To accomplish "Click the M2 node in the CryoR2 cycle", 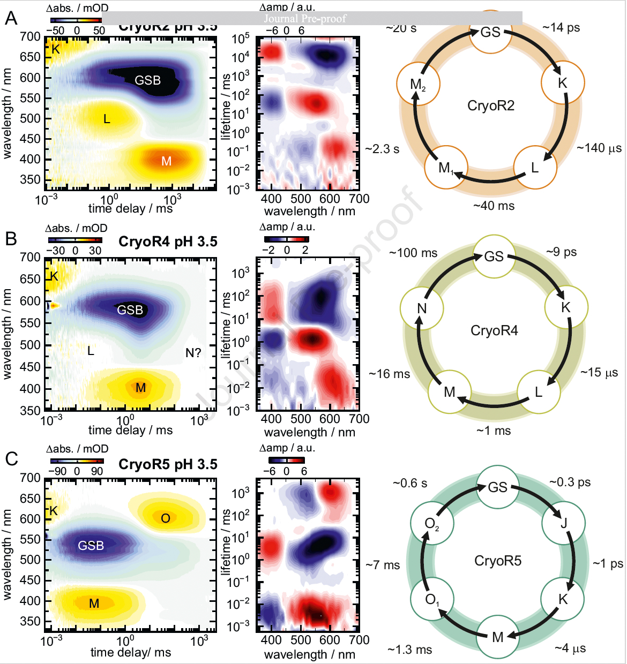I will [418, 85].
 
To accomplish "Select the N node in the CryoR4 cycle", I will [422, 308].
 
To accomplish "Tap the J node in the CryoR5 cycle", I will [564, 523].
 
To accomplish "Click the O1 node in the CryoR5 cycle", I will [432, 599].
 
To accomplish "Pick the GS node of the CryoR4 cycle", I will [494, 256].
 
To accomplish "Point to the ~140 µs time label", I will [599, 148].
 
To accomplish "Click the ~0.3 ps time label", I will [570, 482].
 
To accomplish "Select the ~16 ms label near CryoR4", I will [390, 374].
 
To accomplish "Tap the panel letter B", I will [11, 238].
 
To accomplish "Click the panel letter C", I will [11, 459].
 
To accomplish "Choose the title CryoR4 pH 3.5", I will [168, 242].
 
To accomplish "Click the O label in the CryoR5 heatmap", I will [166, 518].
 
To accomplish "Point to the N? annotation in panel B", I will [193, 352].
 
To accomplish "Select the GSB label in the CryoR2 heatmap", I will [147, 80].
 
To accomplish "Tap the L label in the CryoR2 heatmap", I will [107, 119].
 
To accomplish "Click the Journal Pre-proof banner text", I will [305, 19].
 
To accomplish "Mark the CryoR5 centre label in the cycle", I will [497, 561].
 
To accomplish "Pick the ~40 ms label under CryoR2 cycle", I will [494, 206].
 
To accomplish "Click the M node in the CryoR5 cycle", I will [498, 637].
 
